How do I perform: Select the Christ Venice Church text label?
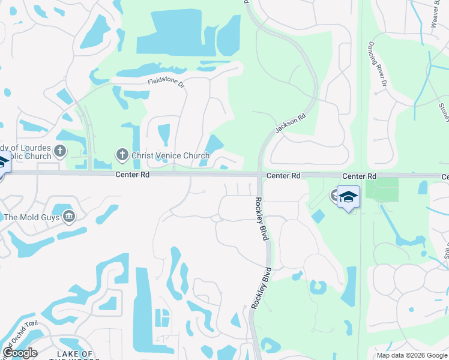(x=170, y=156)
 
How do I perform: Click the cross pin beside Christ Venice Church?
(x=122, y=155)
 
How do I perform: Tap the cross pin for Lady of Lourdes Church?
(x=59, y=151)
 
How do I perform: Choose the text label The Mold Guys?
(x=31, y=217)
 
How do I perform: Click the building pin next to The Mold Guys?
(x=69, y=216)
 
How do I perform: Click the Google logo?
(x=19, y=353)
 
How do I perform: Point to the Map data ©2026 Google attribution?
(x=412, y=355)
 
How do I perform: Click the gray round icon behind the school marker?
(x=334, y=194)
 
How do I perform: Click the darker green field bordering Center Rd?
(x=382, y=190)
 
